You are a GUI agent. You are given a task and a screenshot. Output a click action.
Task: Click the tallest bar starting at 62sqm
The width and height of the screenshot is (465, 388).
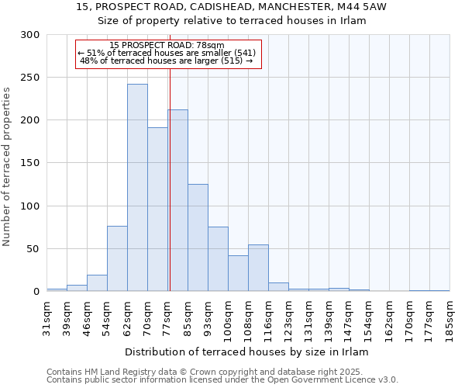pyautogui.click(x=137, y=188)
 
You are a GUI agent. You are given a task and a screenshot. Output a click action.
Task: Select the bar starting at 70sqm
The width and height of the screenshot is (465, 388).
pyautogui.click(x=157, y=210)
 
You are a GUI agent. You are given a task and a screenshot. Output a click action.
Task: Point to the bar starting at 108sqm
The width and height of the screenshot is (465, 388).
pyautogui.click(x=258, y=268)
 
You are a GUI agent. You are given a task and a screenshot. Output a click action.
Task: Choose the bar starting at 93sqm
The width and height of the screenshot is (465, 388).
pyautogui.click(x=218, y=259)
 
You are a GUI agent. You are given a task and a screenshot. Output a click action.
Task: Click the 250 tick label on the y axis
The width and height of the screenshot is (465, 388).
pyautogui.click(x=30, y=78)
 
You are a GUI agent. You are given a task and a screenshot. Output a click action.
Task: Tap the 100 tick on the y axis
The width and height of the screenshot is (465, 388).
pyautogui.click(x=30, y=206)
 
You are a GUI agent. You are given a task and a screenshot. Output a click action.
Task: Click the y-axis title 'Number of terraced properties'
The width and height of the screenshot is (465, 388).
pyautogui.click(x=7, y=167)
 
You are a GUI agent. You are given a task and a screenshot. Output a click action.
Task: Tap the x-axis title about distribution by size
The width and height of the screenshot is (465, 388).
pyautogui.click(x=246, y=352)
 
